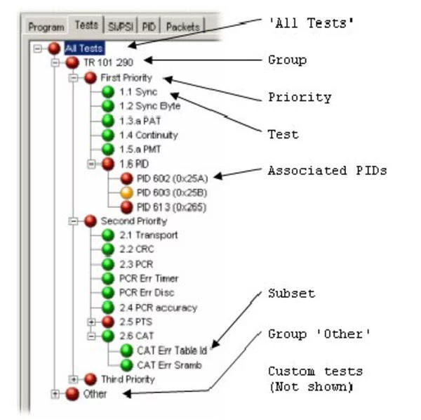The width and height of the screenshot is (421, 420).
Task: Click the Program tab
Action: tap(46, 27)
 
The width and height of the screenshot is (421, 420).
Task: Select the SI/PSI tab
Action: tap(121, 26)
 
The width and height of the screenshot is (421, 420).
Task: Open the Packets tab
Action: tap(183, 27)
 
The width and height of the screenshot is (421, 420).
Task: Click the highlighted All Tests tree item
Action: tap(84, 48)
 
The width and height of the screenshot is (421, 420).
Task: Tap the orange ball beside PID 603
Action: tap(126, 192)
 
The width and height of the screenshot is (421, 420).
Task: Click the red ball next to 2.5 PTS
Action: tap(108, 322)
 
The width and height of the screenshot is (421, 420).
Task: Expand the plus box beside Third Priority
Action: tap(73, 379)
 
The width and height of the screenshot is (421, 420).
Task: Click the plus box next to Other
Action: tap(55, 394)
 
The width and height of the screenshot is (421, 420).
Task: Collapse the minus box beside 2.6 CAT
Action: tap(91, 336)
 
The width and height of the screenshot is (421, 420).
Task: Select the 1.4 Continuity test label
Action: tap(149, 135)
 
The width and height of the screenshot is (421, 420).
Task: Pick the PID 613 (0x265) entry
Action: tap(172, 207)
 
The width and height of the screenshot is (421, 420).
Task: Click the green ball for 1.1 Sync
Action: tap(108, 92)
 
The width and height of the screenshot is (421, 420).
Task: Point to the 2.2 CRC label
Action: tap(137, 249)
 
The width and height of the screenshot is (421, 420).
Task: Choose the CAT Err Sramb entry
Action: tap(169, 365)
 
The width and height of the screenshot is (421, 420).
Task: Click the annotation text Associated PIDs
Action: tap(327, 171)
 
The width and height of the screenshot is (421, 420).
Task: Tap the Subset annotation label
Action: tap(292, 293)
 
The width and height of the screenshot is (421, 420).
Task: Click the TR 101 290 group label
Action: tap(108, 63)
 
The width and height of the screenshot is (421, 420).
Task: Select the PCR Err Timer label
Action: tap(149, 278)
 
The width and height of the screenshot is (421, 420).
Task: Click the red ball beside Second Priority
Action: tap(91, 221)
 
